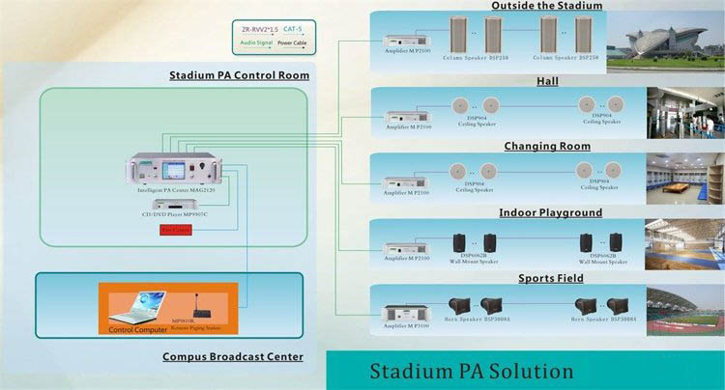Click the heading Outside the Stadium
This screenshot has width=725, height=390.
pos(546,6)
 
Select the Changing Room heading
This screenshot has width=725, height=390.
pos(547,147)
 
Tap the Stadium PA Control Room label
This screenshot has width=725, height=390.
pos(239,75)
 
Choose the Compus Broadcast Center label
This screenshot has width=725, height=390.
pos(232,357)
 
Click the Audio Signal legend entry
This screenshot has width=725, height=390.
pos(256,42)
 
